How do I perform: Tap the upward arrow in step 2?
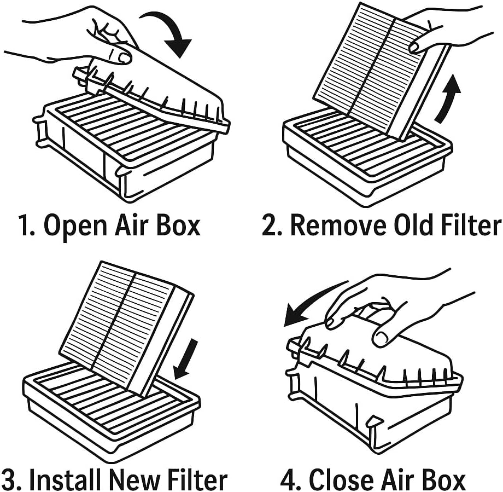[x=448, y=99]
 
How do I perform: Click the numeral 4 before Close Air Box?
[x=288, y=479]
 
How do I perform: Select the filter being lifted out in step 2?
[x=377, y=71]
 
